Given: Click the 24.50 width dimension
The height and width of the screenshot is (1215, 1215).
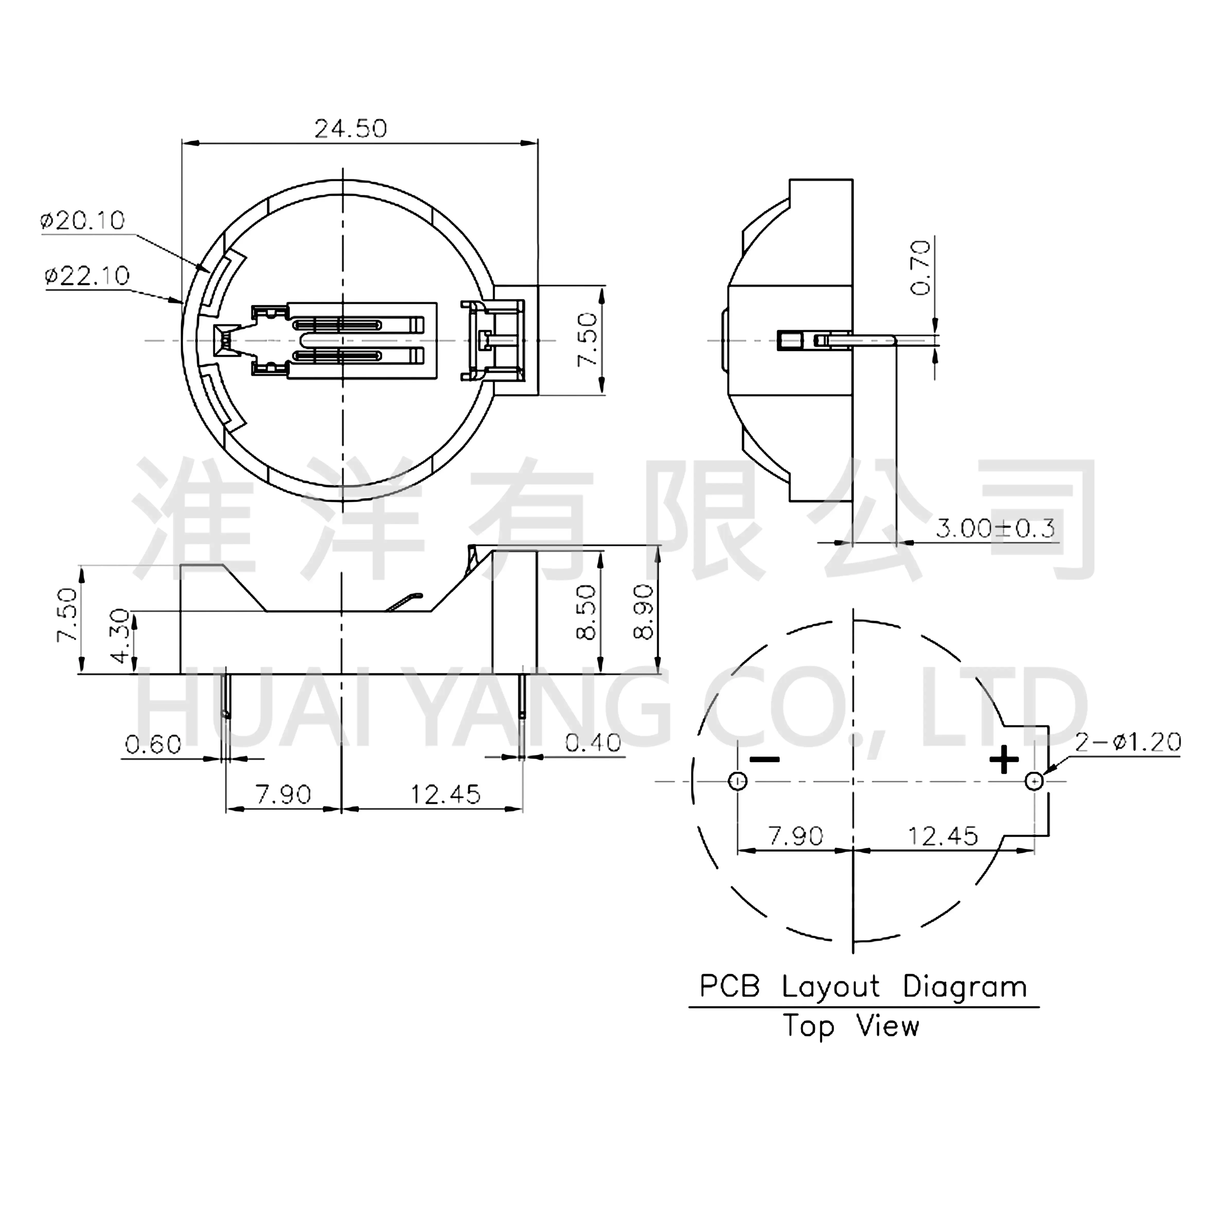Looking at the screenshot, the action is pyautogui.click(x=350, y=129).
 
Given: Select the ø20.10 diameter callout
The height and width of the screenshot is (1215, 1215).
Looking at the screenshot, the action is pyautogui.click(x=82, y=221).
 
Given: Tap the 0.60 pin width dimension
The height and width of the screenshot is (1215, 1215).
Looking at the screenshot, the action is pyautogui.click(x=154, y=745).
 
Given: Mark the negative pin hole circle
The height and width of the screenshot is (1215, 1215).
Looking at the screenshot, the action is pyautogui.click(x=738, y=782).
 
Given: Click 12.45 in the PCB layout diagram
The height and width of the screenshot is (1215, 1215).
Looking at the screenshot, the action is pyautogui.click(x=943, y=836).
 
